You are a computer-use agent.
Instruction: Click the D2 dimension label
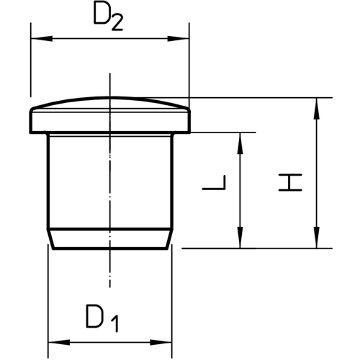point(109,16)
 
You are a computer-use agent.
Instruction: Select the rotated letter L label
point(214,182)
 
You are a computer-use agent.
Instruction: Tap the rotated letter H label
point(290,182)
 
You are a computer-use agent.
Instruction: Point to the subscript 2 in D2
point(117,23)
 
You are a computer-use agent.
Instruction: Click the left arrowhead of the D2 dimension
point(42,38)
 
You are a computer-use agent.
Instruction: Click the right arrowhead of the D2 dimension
point(179,38)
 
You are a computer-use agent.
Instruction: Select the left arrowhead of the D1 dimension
point(59,343)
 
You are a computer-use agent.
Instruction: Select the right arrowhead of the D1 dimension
point(161,343)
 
